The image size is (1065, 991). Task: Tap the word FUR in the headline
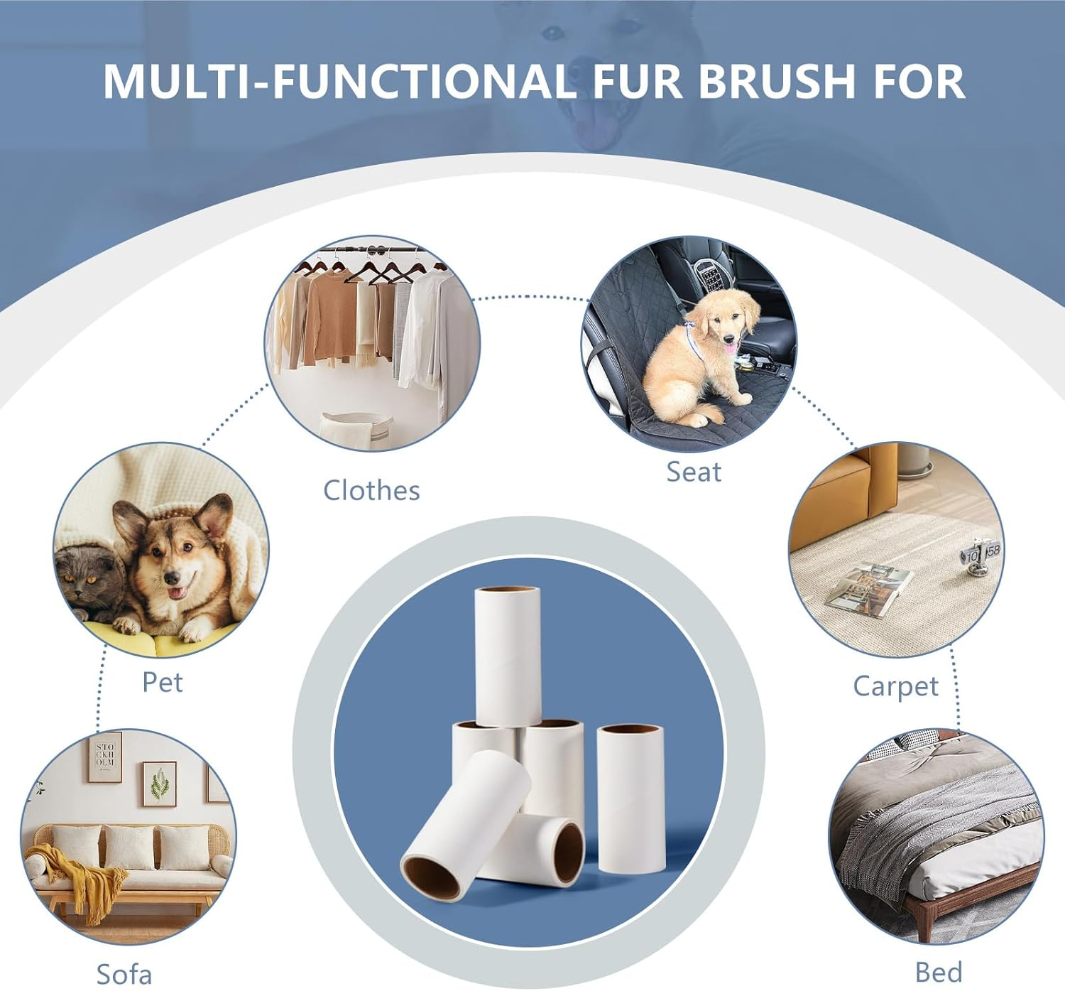tap(637, 81)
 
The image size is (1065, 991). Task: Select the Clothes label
tap(371, 490)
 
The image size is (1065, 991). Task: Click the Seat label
tap(694, 472)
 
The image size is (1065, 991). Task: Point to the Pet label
tap(163, 682)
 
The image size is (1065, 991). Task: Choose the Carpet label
tap(895, 686)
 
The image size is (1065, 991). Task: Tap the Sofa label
tap(124, 974)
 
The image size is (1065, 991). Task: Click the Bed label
tap(939, 972)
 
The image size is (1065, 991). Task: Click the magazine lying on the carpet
tap(868, 589)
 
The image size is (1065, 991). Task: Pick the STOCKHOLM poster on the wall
tap(105, 757)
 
